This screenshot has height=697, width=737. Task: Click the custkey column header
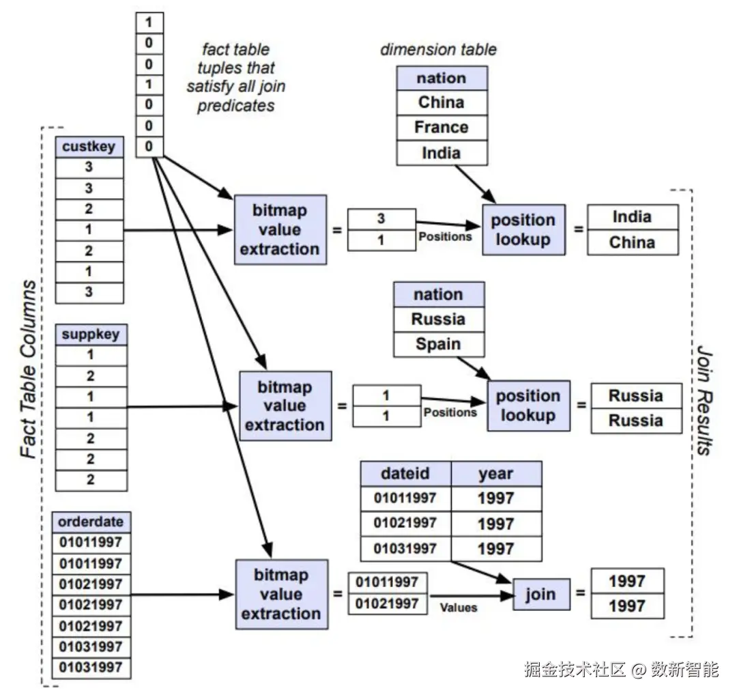tap(89, 147)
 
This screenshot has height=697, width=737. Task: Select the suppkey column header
tap(91, 335)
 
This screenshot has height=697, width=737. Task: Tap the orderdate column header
tap(91, 522)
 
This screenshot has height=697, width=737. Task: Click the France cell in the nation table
tap(442, 128)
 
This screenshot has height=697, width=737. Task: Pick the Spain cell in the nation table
tap(439, 344)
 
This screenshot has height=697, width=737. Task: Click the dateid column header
tap(405, 474)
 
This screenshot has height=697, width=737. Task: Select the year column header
tap(496, 474)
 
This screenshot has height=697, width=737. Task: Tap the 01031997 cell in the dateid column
tap(405, 548)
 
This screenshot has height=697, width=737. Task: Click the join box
tap(541, 595)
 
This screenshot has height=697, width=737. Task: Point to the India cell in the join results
tap(633, 217)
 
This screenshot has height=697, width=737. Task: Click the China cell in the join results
tap(633, 242)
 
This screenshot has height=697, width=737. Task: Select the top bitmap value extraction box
tap(280, 229)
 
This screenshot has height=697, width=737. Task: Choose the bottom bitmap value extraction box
tap(282, 594)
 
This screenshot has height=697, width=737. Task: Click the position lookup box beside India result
tap(523, 229)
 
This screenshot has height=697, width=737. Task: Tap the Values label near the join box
tap(459, 608)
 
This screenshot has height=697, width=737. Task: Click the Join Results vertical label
tap(704, 401)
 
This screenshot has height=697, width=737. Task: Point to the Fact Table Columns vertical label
tap(28, 369)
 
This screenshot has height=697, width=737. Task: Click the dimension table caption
tap(438, 49)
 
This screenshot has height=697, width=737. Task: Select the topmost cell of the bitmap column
tap(149, 23)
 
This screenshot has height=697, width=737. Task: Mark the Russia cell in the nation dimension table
tap(439, 319)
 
